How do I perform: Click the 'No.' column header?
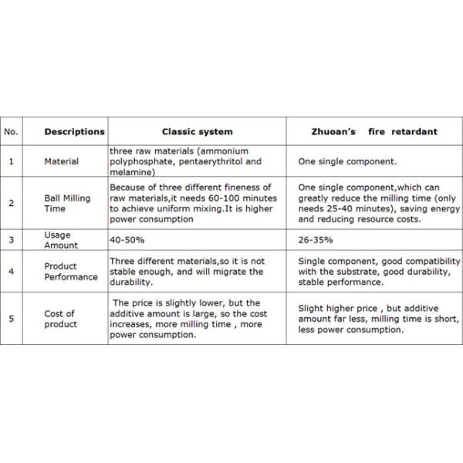tap(11, 132)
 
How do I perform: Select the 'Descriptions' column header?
tap(74, 132)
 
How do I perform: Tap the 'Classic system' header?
tap(197, 132)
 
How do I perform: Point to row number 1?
tap(11, 162)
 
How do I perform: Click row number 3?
tap(11, 241)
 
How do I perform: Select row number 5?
tap(11, 319)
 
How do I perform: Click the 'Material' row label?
tap(61, 162)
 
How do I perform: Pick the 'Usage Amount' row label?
tap(61, 241)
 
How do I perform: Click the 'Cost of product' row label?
tap(61, 319)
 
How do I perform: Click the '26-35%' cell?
tap(314, 241)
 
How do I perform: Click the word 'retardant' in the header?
tap(413, 132)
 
